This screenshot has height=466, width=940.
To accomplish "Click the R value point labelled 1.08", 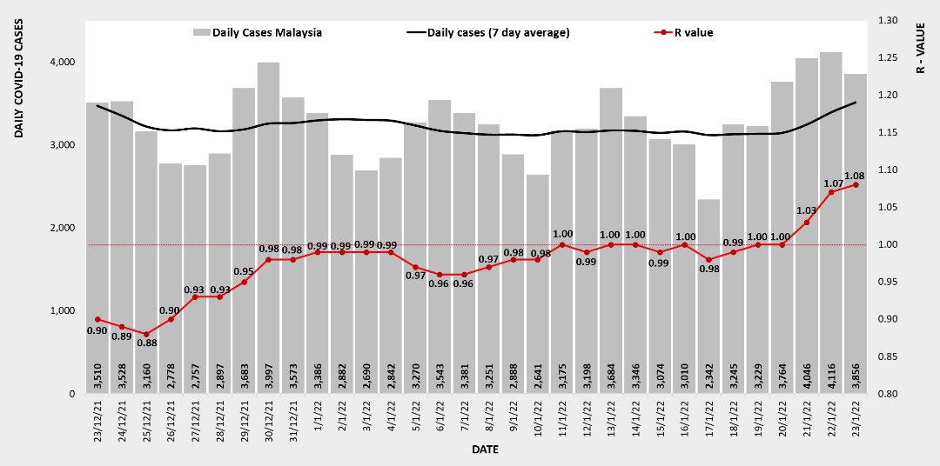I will point(856,184).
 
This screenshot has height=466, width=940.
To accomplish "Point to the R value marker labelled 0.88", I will point(146,334).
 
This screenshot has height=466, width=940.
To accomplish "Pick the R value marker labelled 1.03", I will point(807,222).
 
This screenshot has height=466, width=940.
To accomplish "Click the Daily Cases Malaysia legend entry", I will point(257,33).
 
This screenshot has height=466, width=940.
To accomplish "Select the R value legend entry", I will point(687,33).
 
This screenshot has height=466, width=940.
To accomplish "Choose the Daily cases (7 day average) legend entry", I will point(487,33).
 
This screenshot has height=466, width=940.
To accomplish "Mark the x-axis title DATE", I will point(485,449).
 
